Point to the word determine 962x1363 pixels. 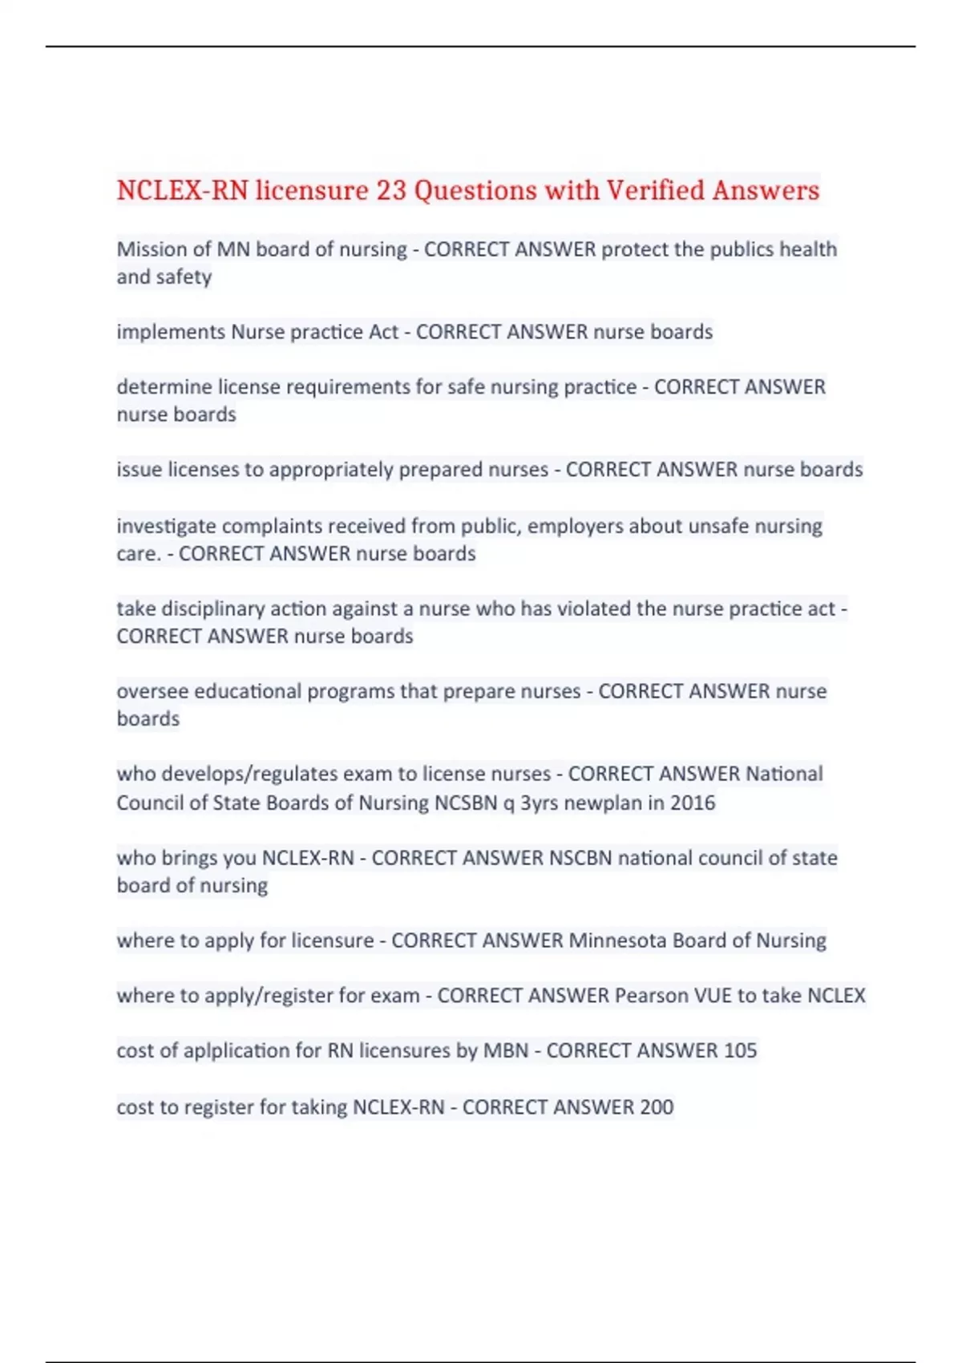(x=164, y=387)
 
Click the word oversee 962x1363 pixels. (x=152, y=691)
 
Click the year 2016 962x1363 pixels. (x=693, y=803)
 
